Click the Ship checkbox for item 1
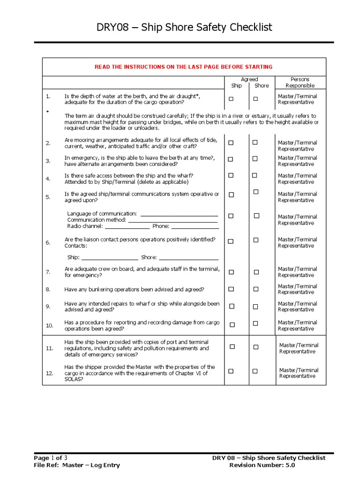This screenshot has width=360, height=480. pyautogui.click(x=231, y=99)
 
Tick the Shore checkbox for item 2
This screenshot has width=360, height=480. pyautogui.click(x=255, y=142)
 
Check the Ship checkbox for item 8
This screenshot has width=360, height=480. pyautogui.click(x=231, y=289)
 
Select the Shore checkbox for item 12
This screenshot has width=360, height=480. pyautogui.click(x=255, y=371)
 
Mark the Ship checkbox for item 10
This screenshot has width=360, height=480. pyautogui.click(x=231, y=324)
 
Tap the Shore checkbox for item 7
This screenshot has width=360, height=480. pyautogui.click(x=256, y=272)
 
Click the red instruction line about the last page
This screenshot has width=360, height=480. pyautogui.click(x=183, y=67)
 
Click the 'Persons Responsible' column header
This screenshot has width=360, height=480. pyautogui.click(x=300, y=82)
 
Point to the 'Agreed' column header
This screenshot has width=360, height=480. pyautogui.click(x=249, y=79)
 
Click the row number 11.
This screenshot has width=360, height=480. pyautogui.click(x=49, y=349)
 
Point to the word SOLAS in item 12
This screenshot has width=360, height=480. pyautogui.click(x=74, y=379)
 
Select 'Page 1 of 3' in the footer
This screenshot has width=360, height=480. pyautogui.click(x=53, y=457)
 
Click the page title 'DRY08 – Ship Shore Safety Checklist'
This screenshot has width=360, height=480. pyautogui.click(x=184, y=28)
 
